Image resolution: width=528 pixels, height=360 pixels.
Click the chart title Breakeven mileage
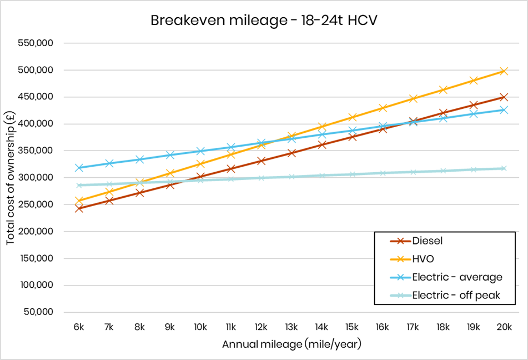pyautogui.click(x=264, y=21)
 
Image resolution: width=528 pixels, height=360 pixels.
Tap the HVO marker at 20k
pyautogui.click(x=504, y=71)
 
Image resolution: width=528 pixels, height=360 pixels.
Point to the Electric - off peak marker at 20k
pyautogui.click(x=504, y=168)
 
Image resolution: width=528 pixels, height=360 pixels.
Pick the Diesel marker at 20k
pyautogui.click(x=504, y=97)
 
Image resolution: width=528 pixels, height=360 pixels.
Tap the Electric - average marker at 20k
pyautogui.click(x=504, y=110)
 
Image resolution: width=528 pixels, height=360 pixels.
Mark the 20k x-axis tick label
pyautogui.click(x=504, y=327)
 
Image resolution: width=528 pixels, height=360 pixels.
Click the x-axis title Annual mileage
pyautogui.click(x=291, y=344)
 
